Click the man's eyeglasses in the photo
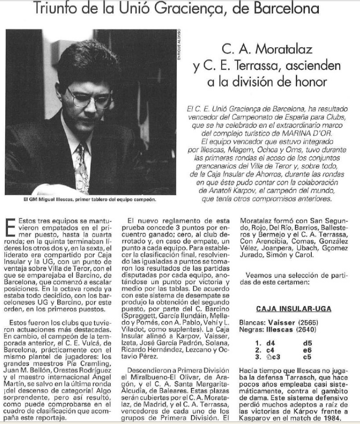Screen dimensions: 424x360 coord(89,96)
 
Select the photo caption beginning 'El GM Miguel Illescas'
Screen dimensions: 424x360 coord(90,199)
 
